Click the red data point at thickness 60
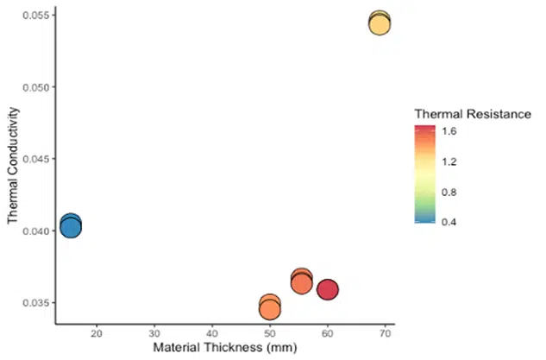327,289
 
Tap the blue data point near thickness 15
71,226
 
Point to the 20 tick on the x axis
97,334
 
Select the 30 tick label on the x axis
154,334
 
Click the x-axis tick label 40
212,334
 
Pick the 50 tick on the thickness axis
270,334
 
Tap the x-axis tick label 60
328,334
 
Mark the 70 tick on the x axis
385,334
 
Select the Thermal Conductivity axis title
13,166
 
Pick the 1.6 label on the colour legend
450,131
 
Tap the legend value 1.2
450,161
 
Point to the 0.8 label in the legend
450,192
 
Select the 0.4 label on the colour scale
450,222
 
